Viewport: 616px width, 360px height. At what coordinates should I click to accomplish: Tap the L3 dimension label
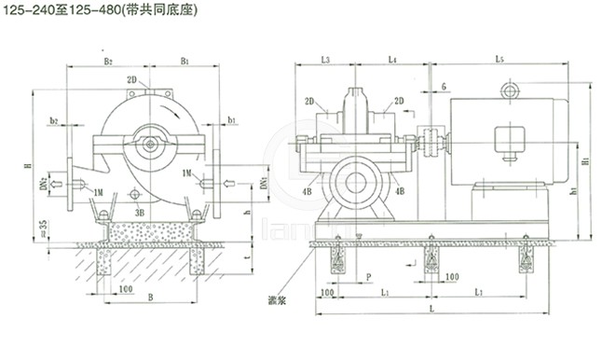point(324,60)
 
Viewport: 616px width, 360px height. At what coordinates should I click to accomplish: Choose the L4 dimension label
point(392,60)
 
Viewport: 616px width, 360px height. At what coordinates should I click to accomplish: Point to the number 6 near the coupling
point(445,86)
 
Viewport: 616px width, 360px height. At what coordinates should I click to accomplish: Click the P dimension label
point(369,277)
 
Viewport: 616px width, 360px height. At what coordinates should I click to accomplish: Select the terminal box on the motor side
point(508,140)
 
